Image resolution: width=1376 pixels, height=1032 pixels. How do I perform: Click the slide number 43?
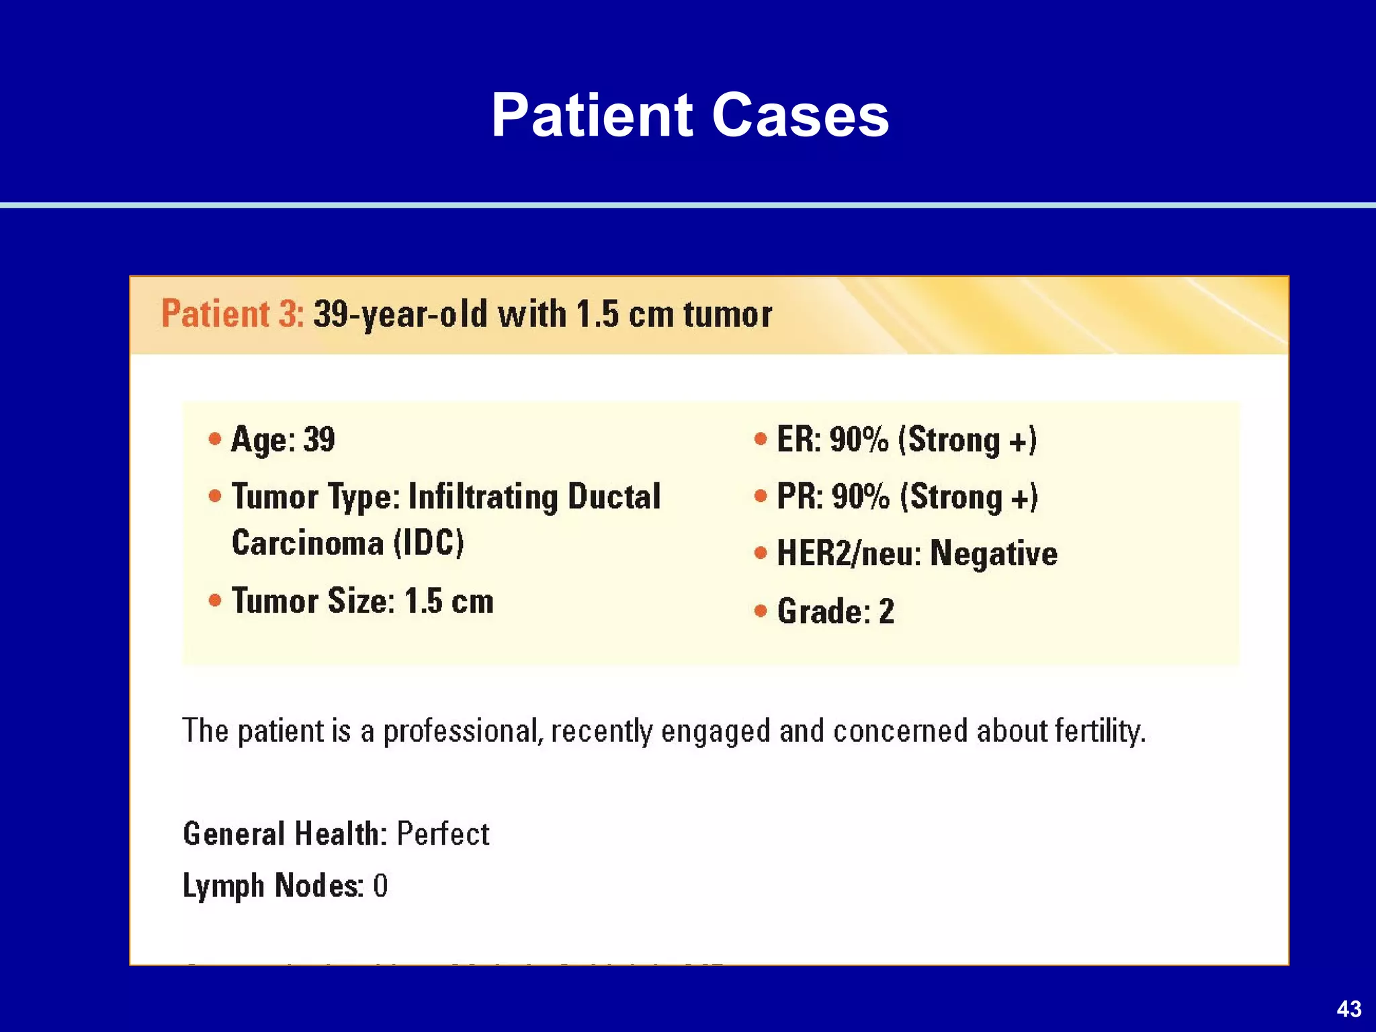click(1349, 1008)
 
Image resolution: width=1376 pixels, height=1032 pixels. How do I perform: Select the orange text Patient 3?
click(232, 314)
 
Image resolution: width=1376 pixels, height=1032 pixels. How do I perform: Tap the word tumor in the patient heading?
click(728, 314)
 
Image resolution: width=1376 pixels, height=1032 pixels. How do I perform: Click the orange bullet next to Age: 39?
click(215, 439)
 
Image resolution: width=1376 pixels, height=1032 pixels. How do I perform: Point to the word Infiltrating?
click(483, 497)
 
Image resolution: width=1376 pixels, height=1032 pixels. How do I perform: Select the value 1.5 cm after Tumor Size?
click(449, 601)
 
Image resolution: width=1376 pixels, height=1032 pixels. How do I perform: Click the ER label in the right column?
click(798, 440)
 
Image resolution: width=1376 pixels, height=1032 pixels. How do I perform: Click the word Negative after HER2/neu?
click(994, 554)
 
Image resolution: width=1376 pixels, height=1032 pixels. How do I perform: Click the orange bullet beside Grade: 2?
click(761, 611)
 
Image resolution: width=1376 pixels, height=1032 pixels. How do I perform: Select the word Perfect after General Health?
click(443, 834)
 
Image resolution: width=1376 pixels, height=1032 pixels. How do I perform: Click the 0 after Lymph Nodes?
click(380, 886)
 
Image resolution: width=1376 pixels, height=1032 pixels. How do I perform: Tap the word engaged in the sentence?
click(716, 731)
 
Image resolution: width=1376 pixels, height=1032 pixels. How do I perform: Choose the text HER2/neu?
click(849, 554)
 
